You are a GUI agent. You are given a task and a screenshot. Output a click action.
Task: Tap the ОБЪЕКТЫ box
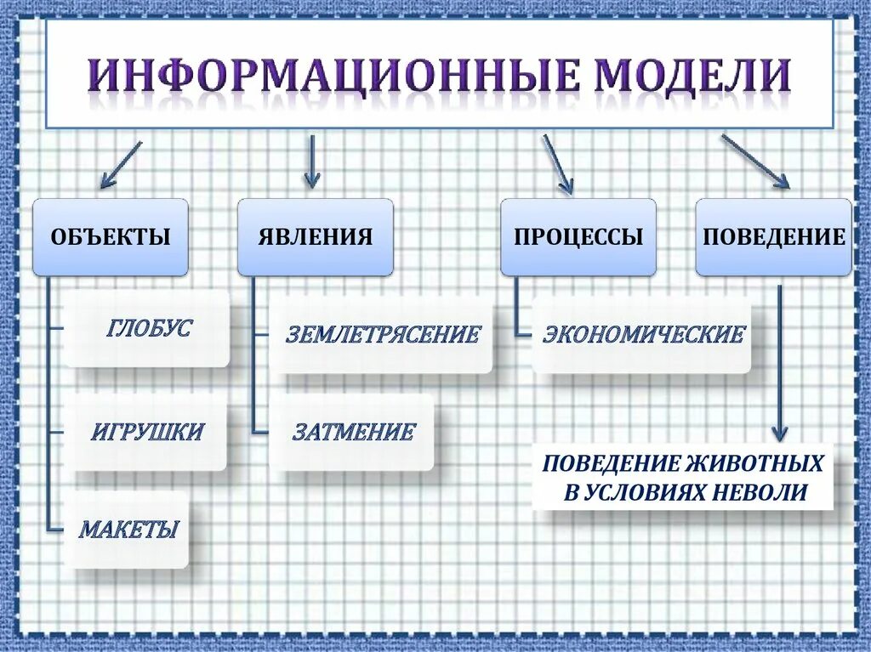(111, 237)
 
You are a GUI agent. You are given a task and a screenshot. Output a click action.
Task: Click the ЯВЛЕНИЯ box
(315, 237)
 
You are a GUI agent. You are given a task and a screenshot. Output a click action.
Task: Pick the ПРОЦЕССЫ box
(578, 237)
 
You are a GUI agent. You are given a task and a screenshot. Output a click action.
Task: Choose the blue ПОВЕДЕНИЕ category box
(773, 237)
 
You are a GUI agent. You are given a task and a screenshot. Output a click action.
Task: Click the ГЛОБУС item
(149, 329)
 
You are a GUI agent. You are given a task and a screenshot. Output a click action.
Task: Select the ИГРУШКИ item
(147, 432)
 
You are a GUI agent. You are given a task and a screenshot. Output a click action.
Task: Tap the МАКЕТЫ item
(128, 530)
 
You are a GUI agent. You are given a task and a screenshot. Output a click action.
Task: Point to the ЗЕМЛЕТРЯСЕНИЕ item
(382, 334)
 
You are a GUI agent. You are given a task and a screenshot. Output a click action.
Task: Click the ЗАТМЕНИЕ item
(353, 432)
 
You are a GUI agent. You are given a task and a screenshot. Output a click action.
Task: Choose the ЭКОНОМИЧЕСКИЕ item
(643, 334)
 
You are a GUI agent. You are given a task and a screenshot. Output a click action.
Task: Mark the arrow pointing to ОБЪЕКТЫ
(120, 165)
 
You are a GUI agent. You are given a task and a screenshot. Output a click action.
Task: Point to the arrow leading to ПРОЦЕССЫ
(558, 164)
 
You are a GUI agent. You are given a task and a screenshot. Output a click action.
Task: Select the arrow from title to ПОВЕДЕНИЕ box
(755, 161)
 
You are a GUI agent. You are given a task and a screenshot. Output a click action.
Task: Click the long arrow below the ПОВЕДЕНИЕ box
(779, 361)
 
